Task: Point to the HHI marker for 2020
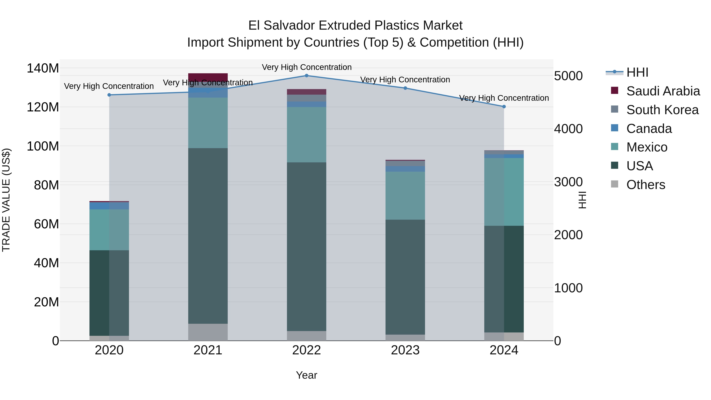(x=109, y=95)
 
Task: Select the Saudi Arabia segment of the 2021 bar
(x=208, y=77)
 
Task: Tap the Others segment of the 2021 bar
(x=208, y=332)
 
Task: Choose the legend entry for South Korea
(x=662, y=110)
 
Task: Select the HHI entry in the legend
(x=637, y=72)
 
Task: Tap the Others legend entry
(x=646, y=185)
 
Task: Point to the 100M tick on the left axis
(x=43, y=146)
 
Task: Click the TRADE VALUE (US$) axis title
(x=6, y=200)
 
